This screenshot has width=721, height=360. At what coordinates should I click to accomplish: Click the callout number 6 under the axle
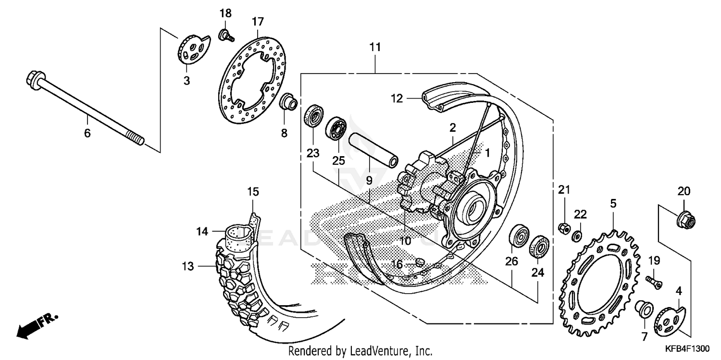coord(87,133)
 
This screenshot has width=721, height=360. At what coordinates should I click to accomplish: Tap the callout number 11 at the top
coord(375,47)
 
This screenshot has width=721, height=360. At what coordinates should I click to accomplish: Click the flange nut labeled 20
coord(684,220)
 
